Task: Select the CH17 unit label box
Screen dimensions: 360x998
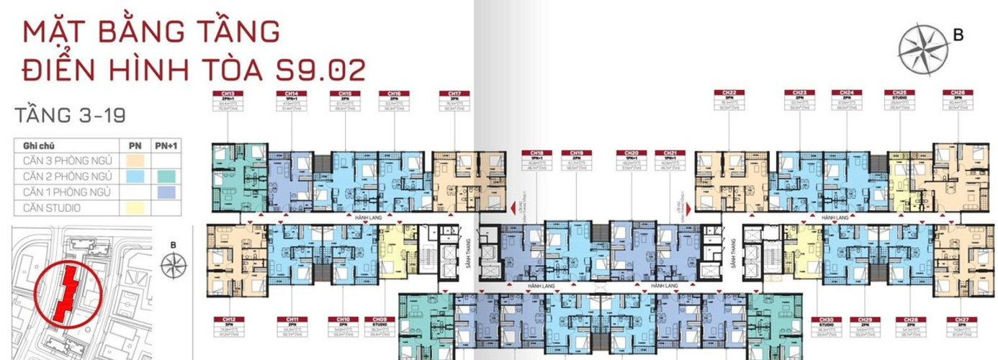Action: [454, 102]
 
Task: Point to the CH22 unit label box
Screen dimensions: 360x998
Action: [729, 102]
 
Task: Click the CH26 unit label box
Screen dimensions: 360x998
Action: [958, 102]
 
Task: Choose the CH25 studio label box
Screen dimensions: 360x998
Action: [899, 102]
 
